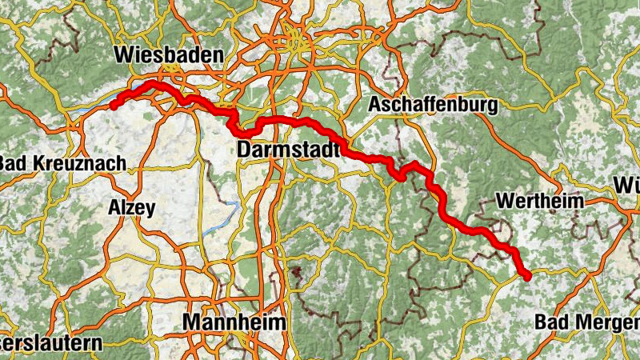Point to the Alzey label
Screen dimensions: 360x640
click(131, 209)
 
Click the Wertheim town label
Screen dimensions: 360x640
click(540, 201)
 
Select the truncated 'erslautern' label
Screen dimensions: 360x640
click(51, 343)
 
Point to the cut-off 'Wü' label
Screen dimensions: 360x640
click(626, 186)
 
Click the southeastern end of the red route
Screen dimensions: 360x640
click(527, 277)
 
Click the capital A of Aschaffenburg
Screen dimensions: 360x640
click(374, 105)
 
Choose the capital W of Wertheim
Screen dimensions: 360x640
click(505, 201)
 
